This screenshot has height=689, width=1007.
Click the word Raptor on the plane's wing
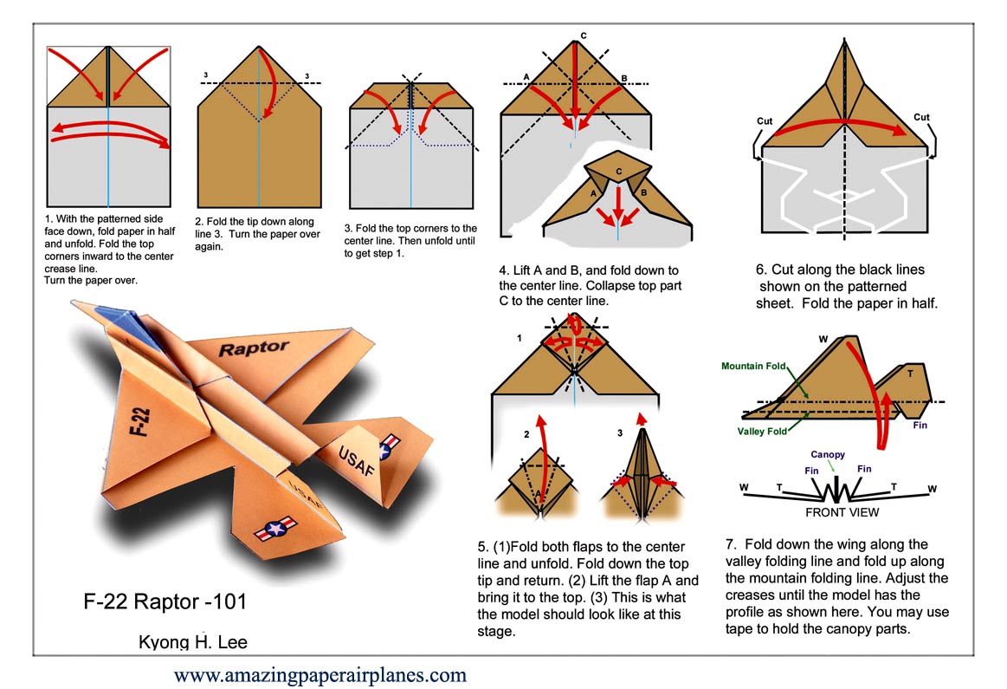coord(253,348)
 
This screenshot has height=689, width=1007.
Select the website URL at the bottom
coord(320,674)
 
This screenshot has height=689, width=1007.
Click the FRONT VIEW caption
coord(842,512)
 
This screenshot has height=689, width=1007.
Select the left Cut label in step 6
coord(765,120)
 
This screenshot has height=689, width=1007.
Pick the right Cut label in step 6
coord(921,117)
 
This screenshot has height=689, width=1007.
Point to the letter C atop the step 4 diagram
coord(584,36)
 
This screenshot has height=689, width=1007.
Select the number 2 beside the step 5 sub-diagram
coord(525,433)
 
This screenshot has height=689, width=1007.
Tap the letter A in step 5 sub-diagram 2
coord(538,495)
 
